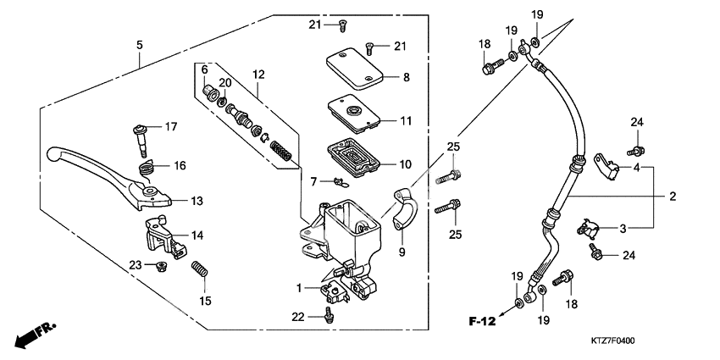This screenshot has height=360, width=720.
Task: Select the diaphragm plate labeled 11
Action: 351,115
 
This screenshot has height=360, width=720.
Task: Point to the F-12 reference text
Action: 481,321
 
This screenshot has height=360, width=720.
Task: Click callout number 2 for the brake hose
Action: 672,197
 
